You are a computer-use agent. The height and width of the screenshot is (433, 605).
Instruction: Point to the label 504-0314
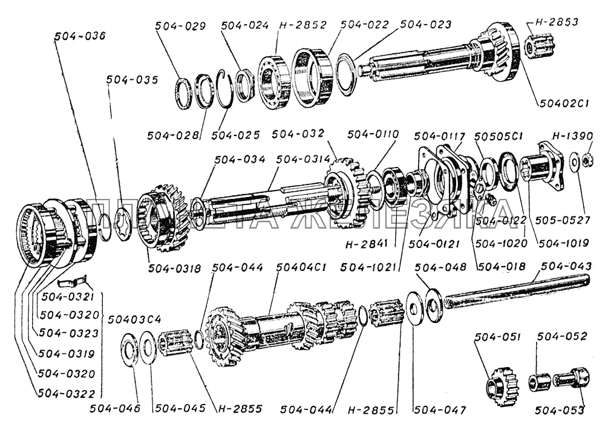(x=302, y=159)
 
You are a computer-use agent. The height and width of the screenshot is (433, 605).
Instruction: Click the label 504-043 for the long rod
(x=566, y=266)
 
